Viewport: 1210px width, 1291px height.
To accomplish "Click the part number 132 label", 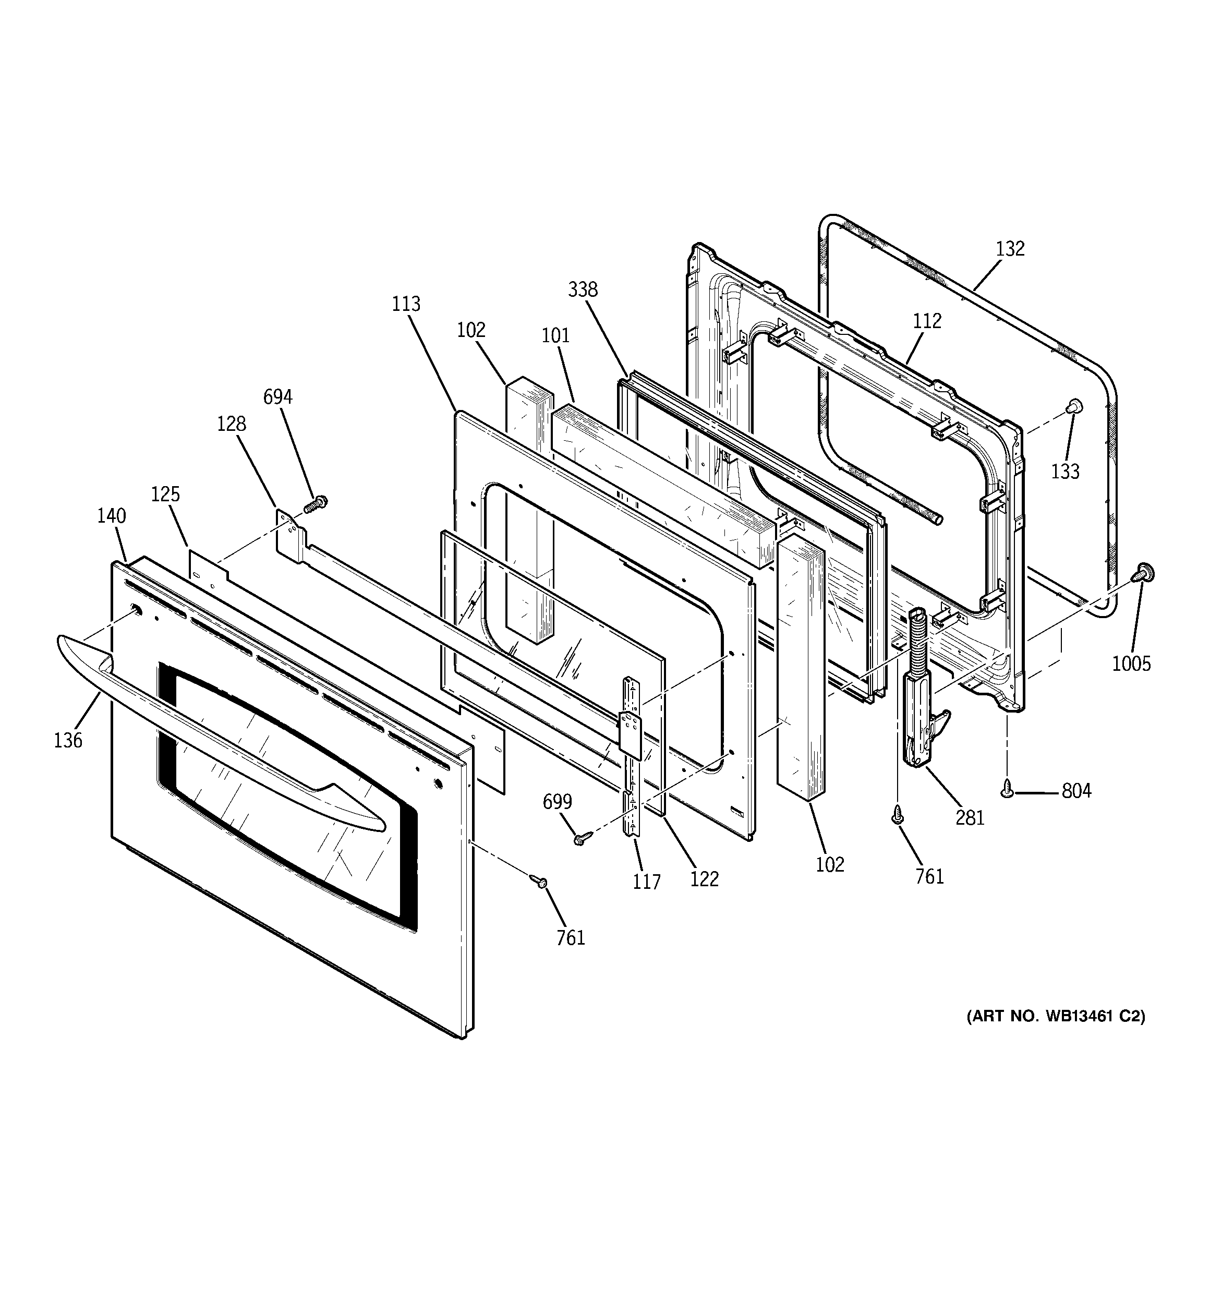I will click(1010, 249).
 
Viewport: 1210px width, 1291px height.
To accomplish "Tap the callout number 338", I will click(583, 289).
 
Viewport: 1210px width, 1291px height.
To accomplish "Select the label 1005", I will click(1131, 663).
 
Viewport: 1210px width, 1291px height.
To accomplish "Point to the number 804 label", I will click(1076, 791).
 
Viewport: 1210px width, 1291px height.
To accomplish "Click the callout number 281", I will click(970, 817).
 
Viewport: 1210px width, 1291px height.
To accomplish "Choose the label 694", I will click(277, 397).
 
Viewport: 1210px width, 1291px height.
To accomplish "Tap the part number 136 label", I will click(68, 740).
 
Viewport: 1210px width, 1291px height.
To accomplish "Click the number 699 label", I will click(557, 802).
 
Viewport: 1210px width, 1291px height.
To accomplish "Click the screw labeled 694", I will click(318, 503).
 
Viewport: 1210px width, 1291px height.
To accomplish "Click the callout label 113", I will click(406, 304).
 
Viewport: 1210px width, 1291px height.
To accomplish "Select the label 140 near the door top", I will click(112, 516).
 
